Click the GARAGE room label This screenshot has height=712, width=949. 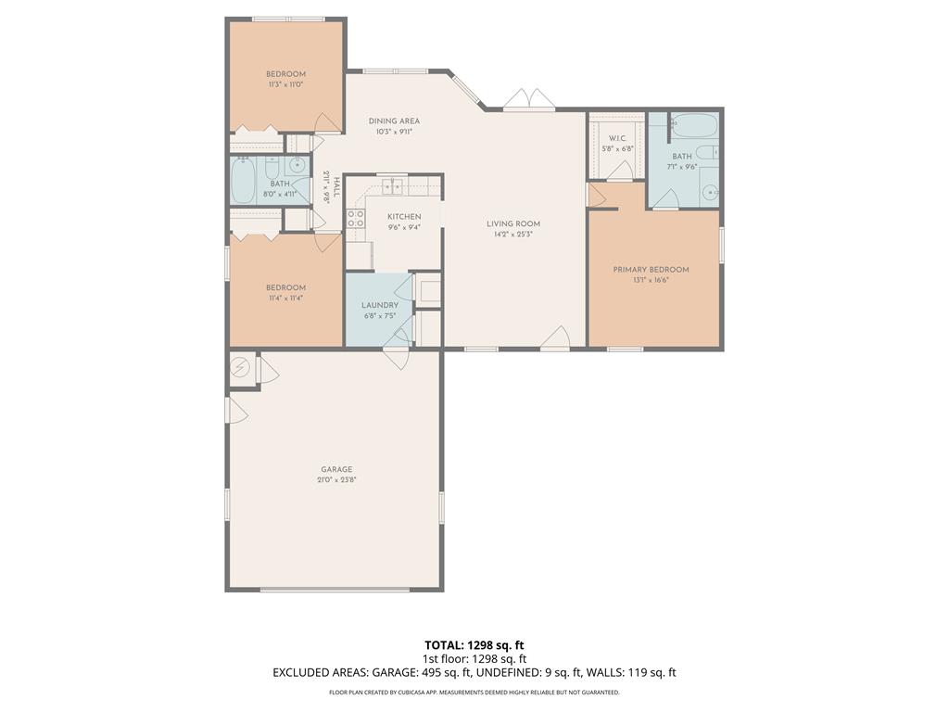336,469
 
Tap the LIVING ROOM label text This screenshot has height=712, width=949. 513,224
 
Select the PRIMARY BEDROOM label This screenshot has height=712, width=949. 651,270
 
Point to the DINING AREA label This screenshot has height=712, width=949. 394,121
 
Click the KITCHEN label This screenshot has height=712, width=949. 404,217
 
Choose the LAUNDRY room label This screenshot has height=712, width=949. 380,305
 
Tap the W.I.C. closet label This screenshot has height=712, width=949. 617,139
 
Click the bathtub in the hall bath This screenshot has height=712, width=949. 243,181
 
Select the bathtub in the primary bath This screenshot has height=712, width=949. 695,125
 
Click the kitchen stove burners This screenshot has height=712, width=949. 355,219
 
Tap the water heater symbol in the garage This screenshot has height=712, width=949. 240,367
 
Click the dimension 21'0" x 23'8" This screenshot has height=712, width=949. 336,480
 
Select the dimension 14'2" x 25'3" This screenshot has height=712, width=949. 513,235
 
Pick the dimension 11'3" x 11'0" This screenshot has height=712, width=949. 285,84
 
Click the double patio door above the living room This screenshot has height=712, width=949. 529,100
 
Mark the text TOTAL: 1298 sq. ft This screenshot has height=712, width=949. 474,645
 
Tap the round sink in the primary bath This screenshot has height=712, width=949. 709,193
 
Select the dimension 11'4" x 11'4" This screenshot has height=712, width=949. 285,299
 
